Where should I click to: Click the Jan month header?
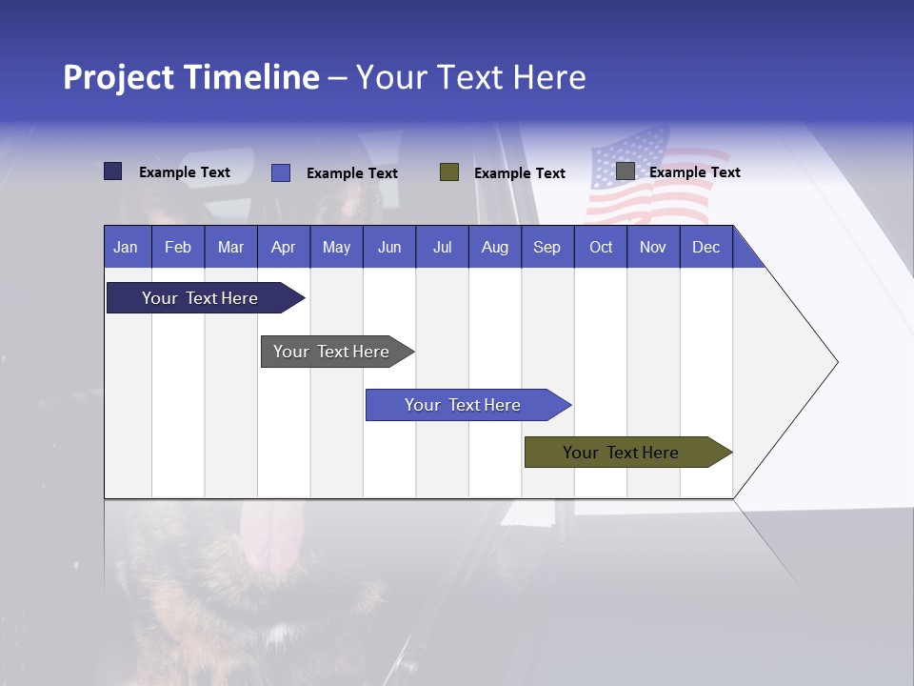pyautogui.click(x=126, y=247)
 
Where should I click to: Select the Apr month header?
pyautogui.click(x=283, y=247)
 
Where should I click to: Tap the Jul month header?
pyautogui.click(x=442, y=247)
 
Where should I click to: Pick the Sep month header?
pyautogui.click(x=546, y=247)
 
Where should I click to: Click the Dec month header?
pyautogui.click(x=705, y=247)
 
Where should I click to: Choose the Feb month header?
pyautogui.click(x=178, y=247)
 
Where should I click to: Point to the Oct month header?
pyautogui.click(x=601, y=247)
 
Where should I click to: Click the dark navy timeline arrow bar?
pyautogui.click(x=200, y=298)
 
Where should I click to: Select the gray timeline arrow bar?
pyautogui.click(x=331, y=352)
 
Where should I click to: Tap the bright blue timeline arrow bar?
pyautogui.click(x=463, y=405)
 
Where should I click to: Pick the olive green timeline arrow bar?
pyautogui.click(x=621, y=453)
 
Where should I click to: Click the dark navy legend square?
pyautogui.click(x=113, y=171)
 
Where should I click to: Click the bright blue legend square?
pyautogui.click(x=281, y=172)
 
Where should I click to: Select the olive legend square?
pyautogui.click(x=449, y=172)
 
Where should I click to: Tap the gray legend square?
pyautogui.click(x=626, y=171)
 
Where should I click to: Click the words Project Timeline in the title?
pyautogui.click(x=190, y=77)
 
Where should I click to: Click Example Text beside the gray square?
pyautogui.click(x=694, y=172)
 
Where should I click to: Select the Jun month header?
pyautogui.click(x=389, y=247)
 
